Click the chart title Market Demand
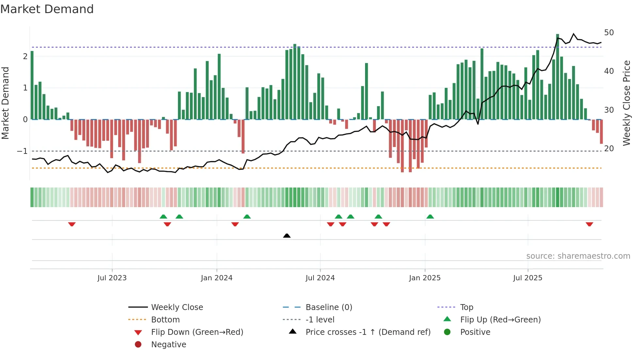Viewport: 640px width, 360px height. tap(47, 9)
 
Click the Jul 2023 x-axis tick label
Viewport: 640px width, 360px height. tap(112, 278)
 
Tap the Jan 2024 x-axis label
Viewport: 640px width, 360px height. tap(216, 278)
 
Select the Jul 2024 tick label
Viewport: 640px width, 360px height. tap(320, 278)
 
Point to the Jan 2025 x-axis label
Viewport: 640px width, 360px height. tap(424, 278)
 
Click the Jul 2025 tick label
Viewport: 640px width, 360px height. tap(527, 278)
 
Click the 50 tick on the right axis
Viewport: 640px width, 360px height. tap(609, 33)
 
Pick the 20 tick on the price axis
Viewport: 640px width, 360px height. tap(609, 149)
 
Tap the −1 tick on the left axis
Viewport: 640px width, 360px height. tap(22, 151)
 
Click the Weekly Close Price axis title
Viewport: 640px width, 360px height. tap(626, 103)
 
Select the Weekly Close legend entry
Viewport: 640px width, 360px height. tap(177, 307)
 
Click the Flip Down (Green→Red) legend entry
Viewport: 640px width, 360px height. tap(197, 332)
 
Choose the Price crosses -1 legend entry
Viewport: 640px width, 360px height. tap(368, 332)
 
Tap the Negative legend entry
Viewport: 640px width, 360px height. tap(168, 345)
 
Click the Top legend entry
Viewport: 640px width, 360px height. tap(466, 307)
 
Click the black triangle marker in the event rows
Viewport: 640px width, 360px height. tap(287, 236)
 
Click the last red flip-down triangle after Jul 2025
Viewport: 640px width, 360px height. tap(589, 224)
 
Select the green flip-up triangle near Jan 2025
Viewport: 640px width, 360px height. tap(430, 217)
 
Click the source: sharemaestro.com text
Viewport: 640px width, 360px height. tap(578, 256)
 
